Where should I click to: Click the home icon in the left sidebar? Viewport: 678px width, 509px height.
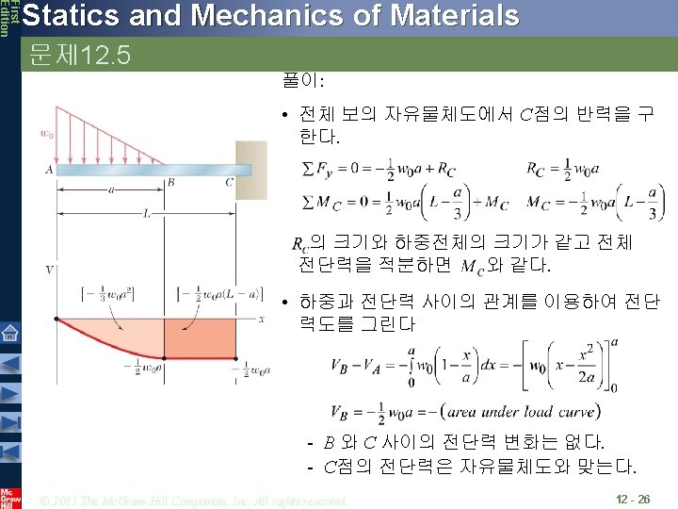pos(9,333)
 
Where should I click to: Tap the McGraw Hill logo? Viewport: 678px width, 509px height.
pos(9,496)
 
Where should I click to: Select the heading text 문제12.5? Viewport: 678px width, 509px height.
pos(79,55)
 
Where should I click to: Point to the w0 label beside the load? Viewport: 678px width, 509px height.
pos(45,132)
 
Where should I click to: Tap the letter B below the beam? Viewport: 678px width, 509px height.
pos(169,182)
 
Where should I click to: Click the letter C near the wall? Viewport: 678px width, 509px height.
pos(229,182)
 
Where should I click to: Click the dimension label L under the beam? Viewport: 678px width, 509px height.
pos(148,213)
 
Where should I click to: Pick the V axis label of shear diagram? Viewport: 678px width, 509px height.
pos(48,270)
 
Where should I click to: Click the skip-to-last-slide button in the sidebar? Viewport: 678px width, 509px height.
pos(9,421)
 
